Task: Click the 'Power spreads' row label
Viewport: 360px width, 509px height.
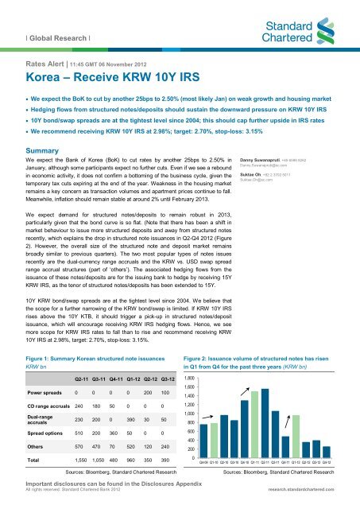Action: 32,415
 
